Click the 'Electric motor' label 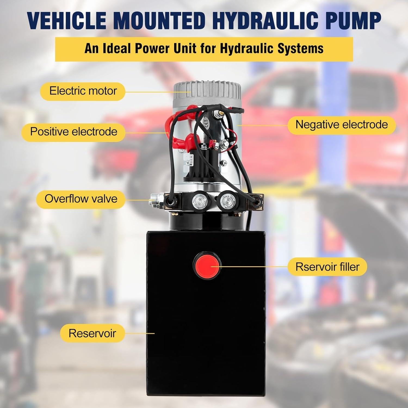[x=83, y=91]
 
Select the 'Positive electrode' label [x=73, y=132]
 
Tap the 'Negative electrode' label [x=342, y=125]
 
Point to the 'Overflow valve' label [x=81, y=199]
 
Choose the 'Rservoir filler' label [x=327, y=267]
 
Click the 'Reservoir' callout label [x=92, y=333]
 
